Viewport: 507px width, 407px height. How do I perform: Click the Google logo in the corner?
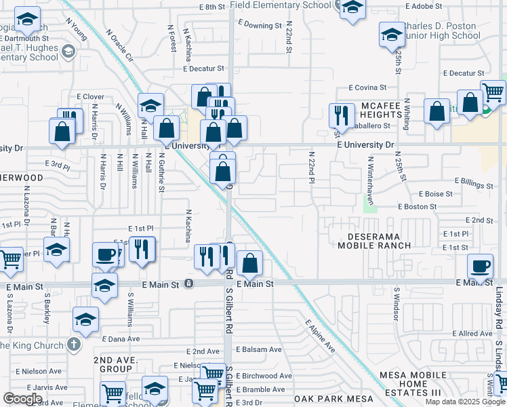click(x=22, y=399)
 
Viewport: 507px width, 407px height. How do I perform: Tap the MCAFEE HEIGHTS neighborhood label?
click(x=382, y=110)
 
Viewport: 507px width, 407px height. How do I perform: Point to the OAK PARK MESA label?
click(x=327, y=400)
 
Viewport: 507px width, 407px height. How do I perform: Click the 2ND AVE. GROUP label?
click(x=113, y=364)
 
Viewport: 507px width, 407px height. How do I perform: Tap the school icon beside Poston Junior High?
click(x=392, y=35)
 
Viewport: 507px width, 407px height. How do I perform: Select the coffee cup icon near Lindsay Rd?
click(x=480, y=265)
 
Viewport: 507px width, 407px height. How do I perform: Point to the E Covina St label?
click(x=367, y=88)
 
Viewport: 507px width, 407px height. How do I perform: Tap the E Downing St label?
click(x=260, y=26)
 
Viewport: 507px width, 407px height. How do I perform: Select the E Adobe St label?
click(x=422, y=6)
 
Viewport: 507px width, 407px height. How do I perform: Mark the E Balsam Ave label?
click(x=258, y=349)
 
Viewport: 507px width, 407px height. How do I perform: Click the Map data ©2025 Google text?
click(x=465, y=402)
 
